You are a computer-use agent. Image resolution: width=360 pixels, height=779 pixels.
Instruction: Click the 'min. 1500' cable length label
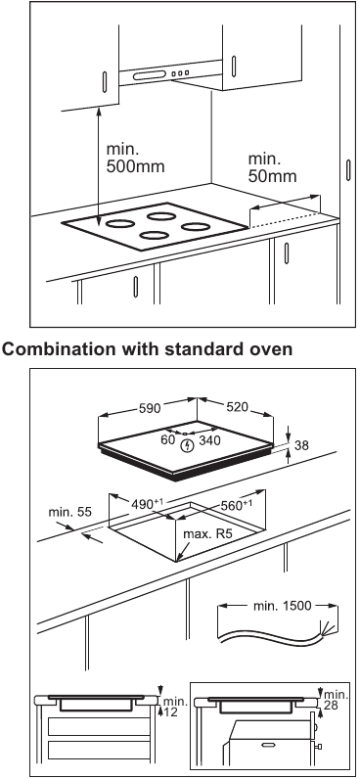pyautogui.click(x=278, y=605)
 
